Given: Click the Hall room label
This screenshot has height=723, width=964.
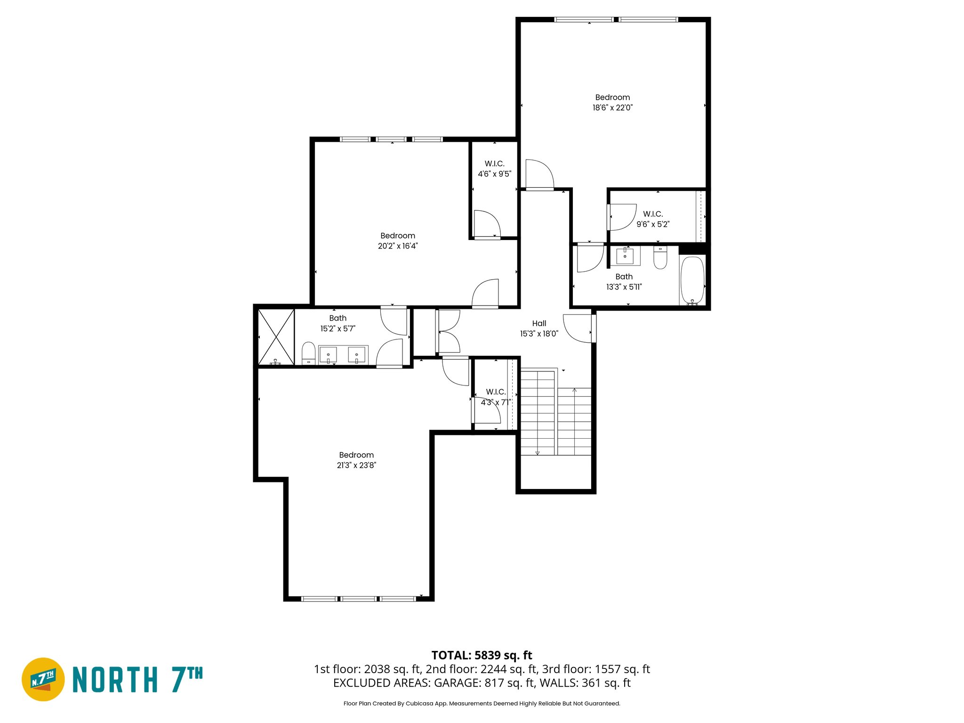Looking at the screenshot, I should click(x=539, y=323).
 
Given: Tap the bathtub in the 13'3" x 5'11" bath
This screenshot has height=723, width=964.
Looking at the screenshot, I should click(x=692, y=280).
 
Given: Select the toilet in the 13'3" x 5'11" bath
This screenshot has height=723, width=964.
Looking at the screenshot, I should click(x=660, y=257).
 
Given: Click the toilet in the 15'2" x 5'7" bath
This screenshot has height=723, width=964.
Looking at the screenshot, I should click(x=308, y=353).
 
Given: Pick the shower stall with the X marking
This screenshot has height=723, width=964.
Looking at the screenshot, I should click(x=276, y=337).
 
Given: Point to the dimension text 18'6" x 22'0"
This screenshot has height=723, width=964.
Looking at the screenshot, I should click(x=612, y=108).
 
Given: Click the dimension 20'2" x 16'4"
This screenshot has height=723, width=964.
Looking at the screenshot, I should click(x=398, y=246).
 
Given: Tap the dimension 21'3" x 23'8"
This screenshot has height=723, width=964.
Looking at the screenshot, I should click(x=356, y=465).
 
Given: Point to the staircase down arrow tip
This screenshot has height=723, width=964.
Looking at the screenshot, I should click(x=537, y=453).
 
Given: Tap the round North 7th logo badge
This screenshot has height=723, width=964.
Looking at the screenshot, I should click(x=43, y=679).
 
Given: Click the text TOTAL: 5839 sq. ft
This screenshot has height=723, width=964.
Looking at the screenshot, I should click(x=482, y=655).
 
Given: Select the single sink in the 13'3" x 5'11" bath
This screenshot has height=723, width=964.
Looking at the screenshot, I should click(x=625, y=256).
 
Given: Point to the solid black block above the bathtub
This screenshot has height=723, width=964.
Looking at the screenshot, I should click(x=692, y=249).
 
